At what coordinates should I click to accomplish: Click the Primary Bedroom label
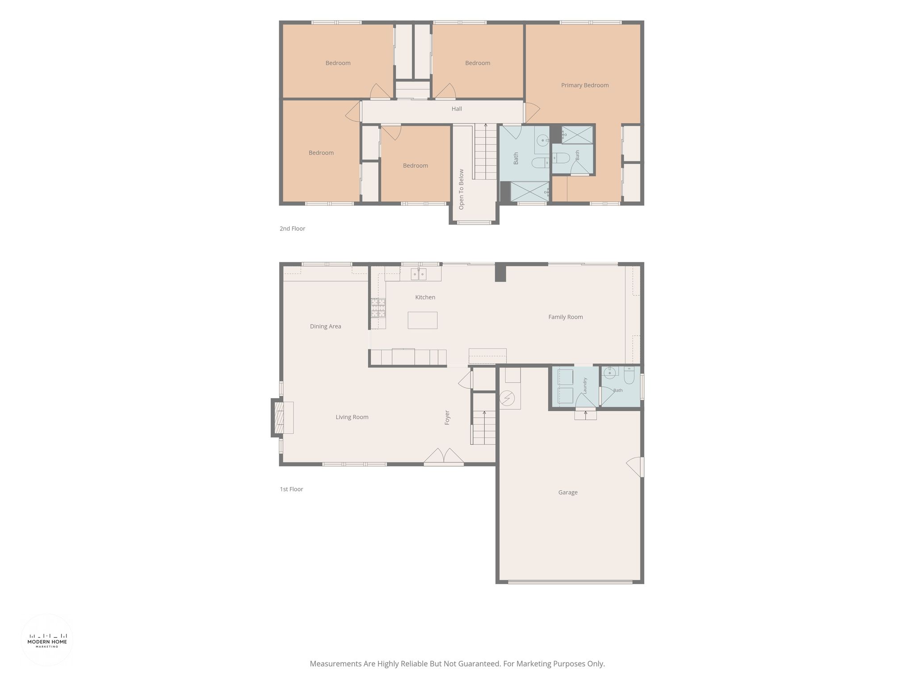(585, 85)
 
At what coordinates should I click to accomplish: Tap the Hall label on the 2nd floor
(457, 109)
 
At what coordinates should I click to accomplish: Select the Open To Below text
(462, 189)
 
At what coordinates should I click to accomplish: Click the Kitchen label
(425, 297)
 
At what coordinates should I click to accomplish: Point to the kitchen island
(422, 320)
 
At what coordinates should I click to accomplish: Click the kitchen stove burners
(378, 308)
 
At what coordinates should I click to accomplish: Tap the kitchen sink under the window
(419, 274)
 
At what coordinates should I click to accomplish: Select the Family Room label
(566, 317)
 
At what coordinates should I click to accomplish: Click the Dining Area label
(325, 327)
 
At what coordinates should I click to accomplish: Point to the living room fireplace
(282, 418)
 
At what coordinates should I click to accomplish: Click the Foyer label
(447, 417)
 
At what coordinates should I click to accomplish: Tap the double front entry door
(444, 457)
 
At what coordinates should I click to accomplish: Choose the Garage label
(568, 492)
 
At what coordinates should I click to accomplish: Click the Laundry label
(584, 386)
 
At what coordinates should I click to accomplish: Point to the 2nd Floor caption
(292, 229)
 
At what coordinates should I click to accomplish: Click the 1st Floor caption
(291, 489)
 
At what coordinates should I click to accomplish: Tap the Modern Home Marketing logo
(47, 640)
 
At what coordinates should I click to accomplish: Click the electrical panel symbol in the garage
(507, 398)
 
